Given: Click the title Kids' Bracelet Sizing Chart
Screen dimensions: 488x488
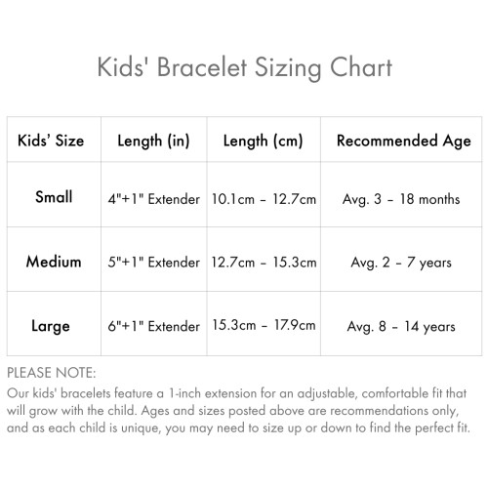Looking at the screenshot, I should [x=244, y=67].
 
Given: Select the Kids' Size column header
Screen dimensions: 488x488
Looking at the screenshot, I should [x=51, y=141].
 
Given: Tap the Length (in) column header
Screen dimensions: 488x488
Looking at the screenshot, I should [x=153, y=141].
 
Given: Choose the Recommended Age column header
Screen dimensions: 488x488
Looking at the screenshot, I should [x=403, y=141].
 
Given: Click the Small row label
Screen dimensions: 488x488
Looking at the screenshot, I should [x=54, y=197].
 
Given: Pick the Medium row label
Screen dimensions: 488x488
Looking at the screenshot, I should [x=54, y=262].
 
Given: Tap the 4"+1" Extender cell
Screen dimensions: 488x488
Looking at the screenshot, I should [x=153, y=199].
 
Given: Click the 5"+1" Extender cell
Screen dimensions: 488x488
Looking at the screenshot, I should [x=153, y=263].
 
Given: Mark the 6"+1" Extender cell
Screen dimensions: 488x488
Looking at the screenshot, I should [x=153, y=326].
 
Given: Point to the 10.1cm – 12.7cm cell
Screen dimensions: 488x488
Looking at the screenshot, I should [x=264, y=199].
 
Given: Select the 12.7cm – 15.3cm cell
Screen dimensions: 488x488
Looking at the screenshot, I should [x=264, y=263].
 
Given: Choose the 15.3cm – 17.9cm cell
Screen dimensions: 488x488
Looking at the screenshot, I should [x=264, y=326].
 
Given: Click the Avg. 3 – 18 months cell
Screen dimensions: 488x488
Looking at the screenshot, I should [x=401, y=199].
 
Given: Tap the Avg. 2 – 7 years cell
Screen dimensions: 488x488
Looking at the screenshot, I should [x=401, y=263].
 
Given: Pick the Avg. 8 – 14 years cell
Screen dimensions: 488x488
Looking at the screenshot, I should [x=401, y=326].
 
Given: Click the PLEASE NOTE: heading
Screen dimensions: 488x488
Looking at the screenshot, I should [x=51, y=373].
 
